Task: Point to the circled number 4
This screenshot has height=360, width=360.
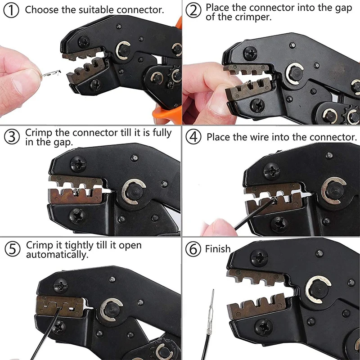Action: pyautogui.click(x=194, y=137)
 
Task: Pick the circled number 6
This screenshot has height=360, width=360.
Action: pyautogui.click(x=194, y=249)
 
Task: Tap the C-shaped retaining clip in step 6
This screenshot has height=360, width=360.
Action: pyautogui.click(x=318, y=289)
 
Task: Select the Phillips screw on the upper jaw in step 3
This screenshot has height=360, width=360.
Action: pyautogui.click(x=77, y=163)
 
